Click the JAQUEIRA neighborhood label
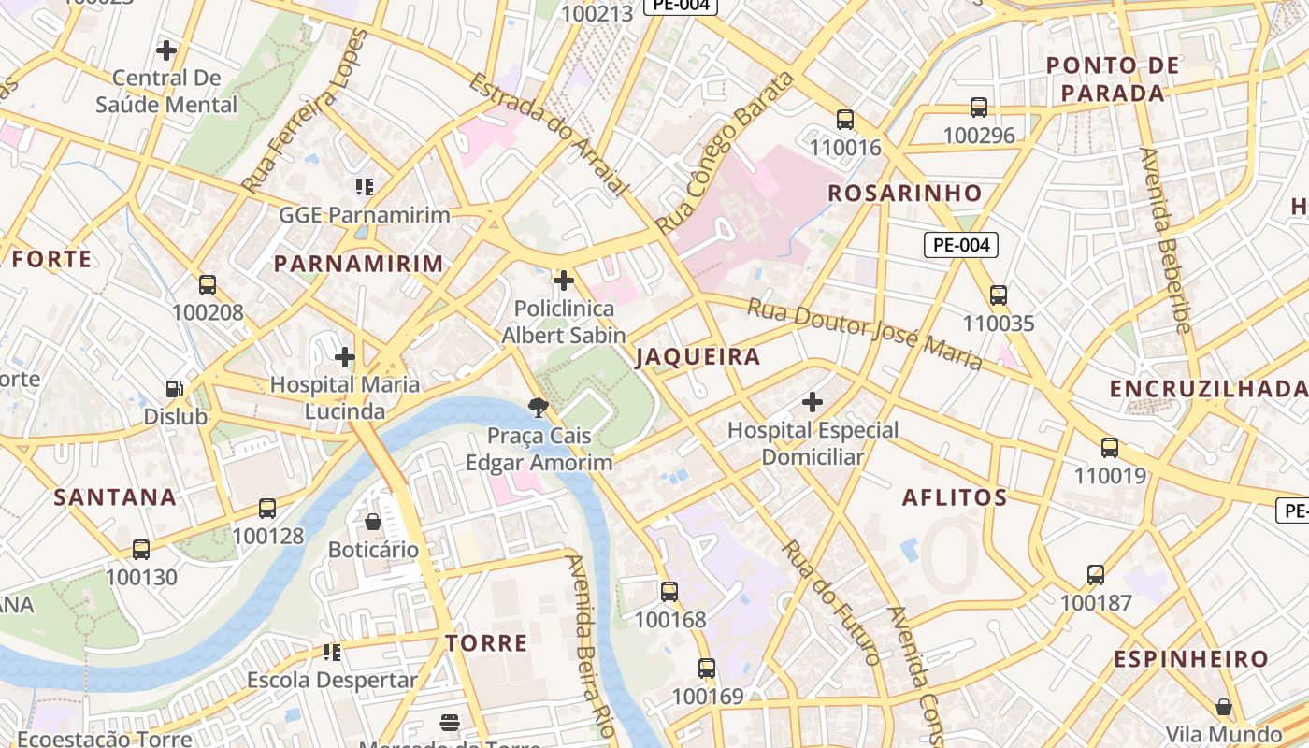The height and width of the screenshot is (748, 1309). [698, 356]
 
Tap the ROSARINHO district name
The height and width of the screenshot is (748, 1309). [905, 194]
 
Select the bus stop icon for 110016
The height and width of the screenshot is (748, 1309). [845, 120]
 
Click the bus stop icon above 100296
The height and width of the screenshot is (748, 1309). [979, 108]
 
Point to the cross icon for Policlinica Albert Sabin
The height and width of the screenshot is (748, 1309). [564, 280]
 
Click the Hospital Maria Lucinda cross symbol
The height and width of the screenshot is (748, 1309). [345, 356]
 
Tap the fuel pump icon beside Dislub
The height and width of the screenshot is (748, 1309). [175, 388]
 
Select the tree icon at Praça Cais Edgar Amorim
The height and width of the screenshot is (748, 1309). [539, 407]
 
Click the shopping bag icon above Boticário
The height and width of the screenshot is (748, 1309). [373, 521]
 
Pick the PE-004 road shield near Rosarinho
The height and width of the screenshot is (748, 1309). [961, 246]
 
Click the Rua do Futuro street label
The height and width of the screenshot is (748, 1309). [831, 602]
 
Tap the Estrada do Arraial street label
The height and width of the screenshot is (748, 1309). [548, 135]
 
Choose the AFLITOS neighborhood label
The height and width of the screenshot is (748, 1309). [955, 497]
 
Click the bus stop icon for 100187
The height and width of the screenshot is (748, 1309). [1096, 574]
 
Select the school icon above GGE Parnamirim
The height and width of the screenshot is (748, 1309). [365, 187]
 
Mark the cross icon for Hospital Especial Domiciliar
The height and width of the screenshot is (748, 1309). [813, 402]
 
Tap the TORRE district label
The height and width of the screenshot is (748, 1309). [486, 643]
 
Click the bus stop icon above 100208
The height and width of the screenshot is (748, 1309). [208, 285]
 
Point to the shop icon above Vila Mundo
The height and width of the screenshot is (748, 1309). [1224, 706]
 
